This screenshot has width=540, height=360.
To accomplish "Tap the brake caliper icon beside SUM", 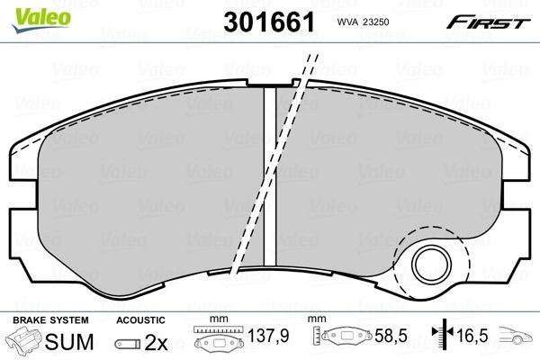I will [25, 342].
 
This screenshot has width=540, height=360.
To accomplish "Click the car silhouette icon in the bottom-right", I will [517, 341].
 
